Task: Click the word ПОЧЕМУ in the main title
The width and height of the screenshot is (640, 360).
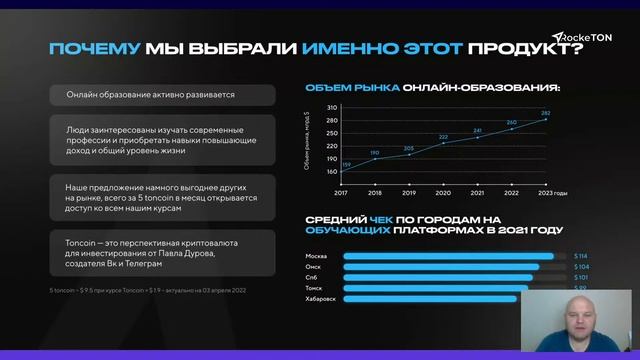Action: (95, 48)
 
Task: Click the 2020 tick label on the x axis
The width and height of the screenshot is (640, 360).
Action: (443, 192)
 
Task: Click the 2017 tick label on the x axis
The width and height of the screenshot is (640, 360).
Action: (341, 192)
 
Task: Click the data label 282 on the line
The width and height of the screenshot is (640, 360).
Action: (546, 113)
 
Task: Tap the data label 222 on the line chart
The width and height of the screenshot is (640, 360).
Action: (443, 137)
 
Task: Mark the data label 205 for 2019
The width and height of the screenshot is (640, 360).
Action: (408, 148)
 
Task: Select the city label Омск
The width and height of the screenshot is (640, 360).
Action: (313, 267)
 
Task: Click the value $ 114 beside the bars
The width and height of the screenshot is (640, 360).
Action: (580, 256)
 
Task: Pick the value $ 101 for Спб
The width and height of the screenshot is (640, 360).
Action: (580, 277)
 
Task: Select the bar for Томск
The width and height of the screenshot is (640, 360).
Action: (436, 288)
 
